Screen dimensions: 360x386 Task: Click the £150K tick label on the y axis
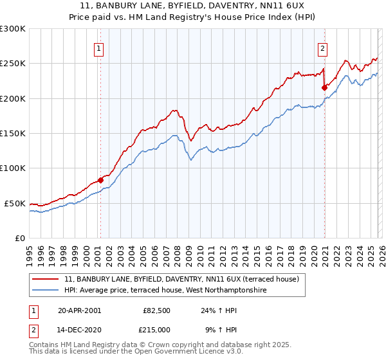[13, 134]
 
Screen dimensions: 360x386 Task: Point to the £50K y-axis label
[15, 203]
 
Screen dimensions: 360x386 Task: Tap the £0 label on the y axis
[20, 238]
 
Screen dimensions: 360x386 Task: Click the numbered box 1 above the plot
[100, 48]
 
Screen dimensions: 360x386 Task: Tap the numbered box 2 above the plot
[322, 48]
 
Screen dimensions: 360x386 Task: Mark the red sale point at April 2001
[100, 181]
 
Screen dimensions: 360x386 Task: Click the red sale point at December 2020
[324, 88]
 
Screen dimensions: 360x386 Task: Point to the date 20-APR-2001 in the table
[79, 310]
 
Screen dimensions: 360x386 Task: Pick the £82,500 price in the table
[157, 310]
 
